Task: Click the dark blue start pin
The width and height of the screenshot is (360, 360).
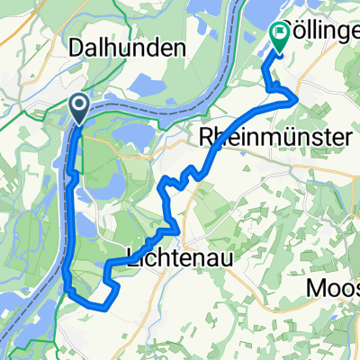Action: (78, 110)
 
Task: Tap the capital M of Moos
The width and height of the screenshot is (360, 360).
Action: (319, 289)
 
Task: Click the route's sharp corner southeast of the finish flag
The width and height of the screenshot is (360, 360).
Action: (296, 101)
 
